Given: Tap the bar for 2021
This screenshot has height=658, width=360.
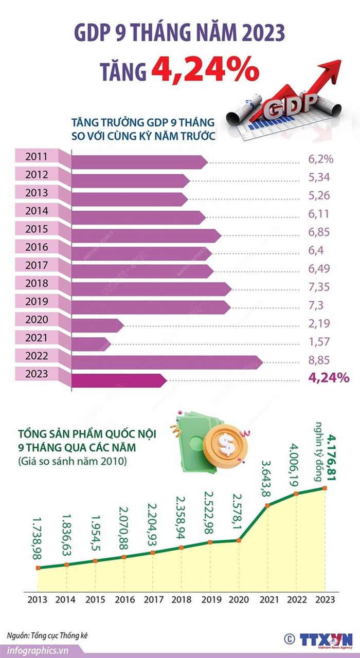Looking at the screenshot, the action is tap(92, 344).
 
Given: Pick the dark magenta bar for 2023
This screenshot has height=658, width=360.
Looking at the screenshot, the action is tap(119, 380).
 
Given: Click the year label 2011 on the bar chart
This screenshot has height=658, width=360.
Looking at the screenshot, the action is tap(37, 157).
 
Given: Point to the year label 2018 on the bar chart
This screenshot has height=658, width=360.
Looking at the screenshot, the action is tap(37, 283).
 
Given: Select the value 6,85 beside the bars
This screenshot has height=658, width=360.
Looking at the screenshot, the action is tap(319, 232).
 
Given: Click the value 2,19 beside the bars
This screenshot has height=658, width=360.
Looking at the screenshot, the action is tap(319, 323).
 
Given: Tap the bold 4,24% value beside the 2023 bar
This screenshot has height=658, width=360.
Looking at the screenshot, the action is tap(329, 378).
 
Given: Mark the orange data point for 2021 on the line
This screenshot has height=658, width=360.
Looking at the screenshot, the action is tap(267, 505).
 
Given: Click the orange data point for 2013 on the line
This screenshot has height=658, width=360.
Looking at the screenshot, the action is tap(38, 568).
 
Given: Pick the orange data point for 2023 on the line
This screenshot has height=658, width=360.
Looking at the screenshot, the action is tap(325, 488).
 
